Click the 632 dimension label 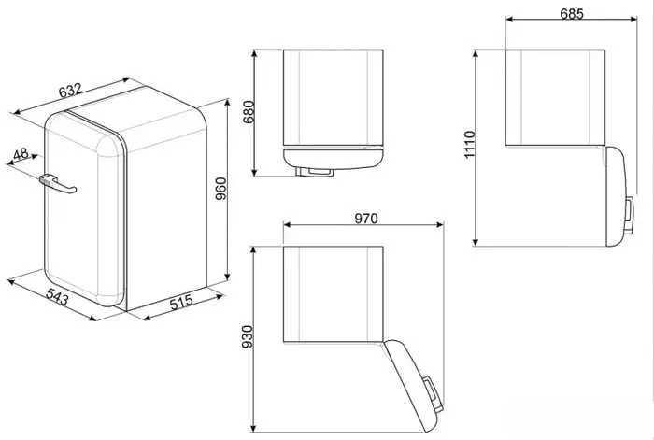click(70, 90)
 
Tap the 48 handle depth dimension click(21, 154)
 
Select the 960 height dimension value click(220, 189)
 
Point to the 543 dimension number click(57, 296)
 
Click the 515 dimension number click(181, 302)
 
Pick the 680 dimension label click(249, 112)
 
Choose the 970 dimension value click(366, 218)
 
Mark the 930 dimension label click(248, 337)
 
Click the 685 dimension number click(572, 14)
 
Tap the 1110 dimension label click(470, 145)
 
